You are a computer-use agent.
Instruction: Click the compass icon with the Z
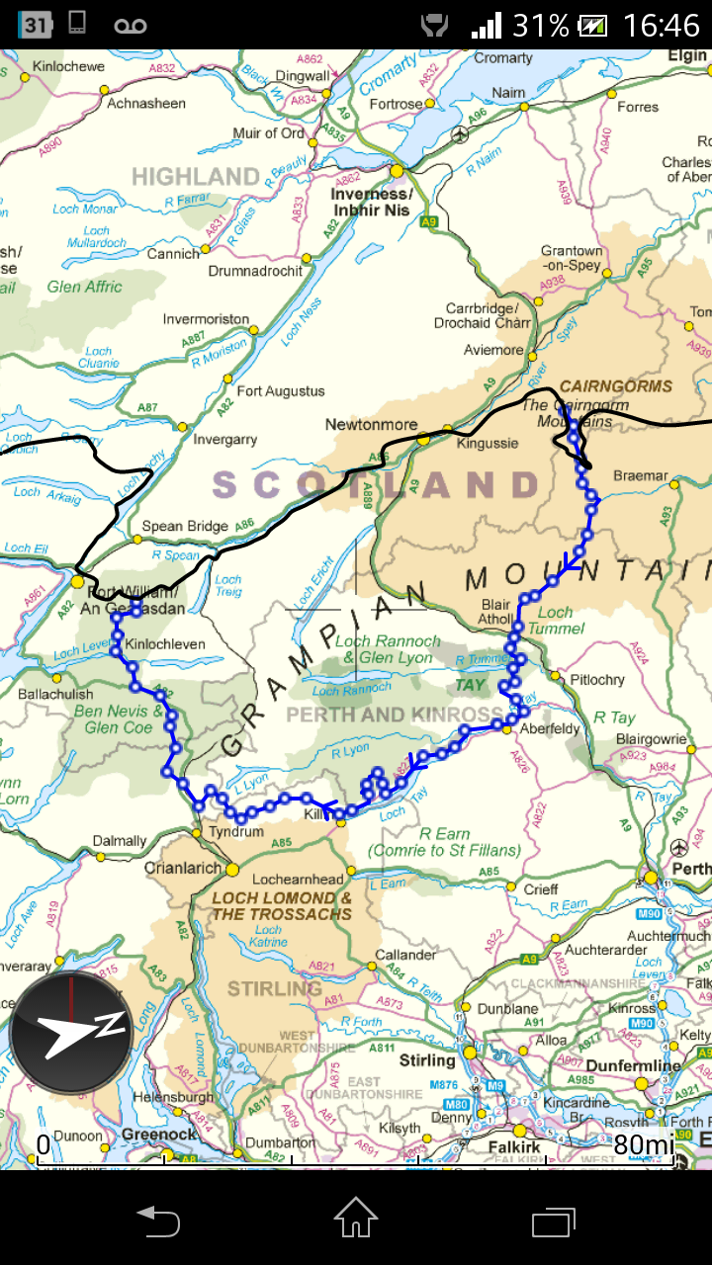pos(70,1032)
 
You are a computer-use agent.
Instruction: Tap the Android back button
pos(158,1221)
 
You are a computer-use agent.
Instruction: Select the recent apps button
pos(553,1221)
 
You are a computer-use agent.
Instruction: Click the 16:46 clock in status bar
pos(662,25)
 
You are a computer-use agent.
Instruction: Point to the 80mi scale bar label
pos(643,1144)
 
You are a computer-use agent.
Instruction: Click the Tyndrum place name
pos(236,831)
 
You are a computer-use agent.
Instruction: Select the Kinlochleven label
pos(165,644)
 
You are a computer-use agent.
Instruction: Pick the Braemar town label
pos(640,475)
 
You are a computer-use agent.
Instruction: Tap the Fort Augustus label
pos(281,391)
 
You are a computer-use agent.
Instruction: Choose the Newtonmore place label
pos(372,425)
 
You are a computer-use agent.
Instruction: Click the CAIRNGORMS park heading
pos(615,386)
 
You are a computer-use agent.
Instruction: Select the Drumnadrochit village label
pos(256,270)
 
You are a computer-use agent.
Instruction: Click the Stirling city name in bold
pos(426,1059)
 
